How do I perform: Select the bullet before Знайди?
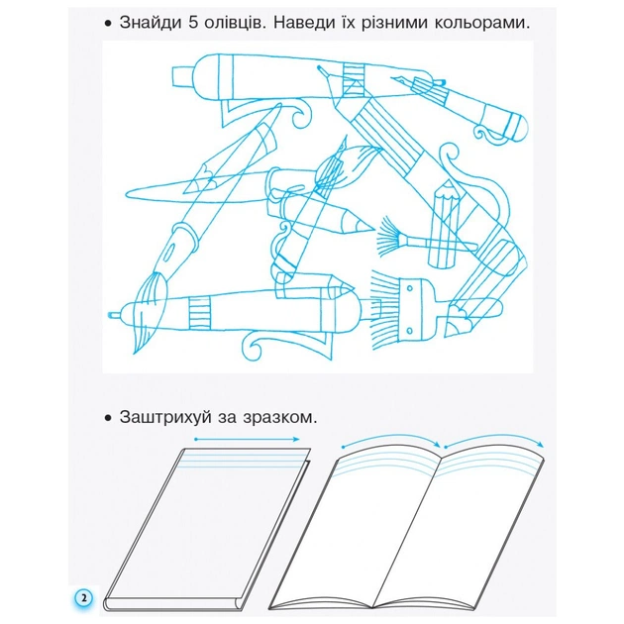[x=106, y=23]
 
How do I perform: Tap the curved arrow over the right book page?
[x=492, y=441]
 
